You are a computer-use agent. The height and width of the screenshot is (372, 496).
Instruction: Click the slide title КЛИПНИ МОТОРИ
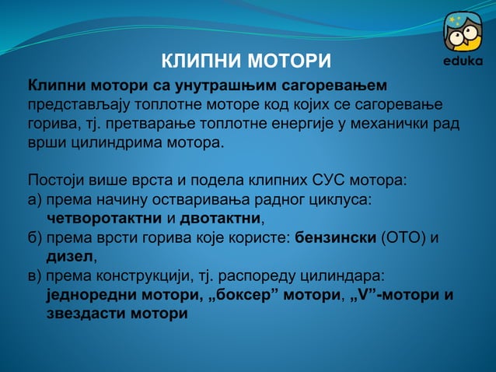pos(246,61)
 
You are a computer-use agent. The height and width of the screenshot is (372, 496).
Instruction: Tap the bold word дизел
pos(70,257)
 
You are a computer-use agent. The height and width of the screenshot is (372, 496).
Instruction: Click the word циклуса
pos(341,199)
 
